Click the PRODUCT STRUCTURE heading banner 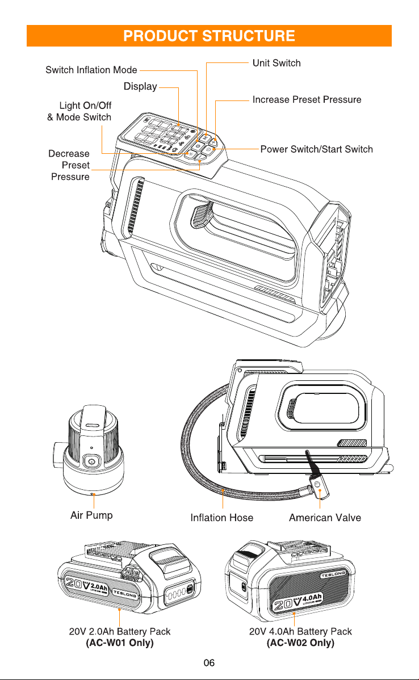(x=209, y=36)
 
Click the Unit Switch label (x=276, y=63)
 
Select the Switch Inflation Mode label (x=91, y=70)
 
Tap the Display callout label (x=140, y=86)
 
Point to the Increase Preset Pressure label (x=307, y=99)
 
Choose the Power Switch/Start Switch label (x=317, y=149)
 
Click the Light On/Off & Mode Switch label (x=79, y=111)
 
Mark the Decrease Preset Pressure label (x=69, y=165)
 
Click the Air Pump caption (x=91, y=515)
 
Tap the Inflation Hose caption (x=221, y=517)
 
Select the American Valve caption (x=325, y=517)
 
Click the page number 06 (x=209, y=662)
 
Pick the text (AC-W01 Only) (x=120, y=643)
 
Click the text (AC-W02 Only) (x=300, y=643)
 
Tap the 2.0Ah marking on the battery (x=99, y=587)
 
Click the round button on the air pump (x=91, y=461)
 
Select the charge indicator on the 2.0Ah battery (x=177, y=593)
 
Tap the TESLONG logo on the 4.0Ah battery (x=333, y=574)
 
